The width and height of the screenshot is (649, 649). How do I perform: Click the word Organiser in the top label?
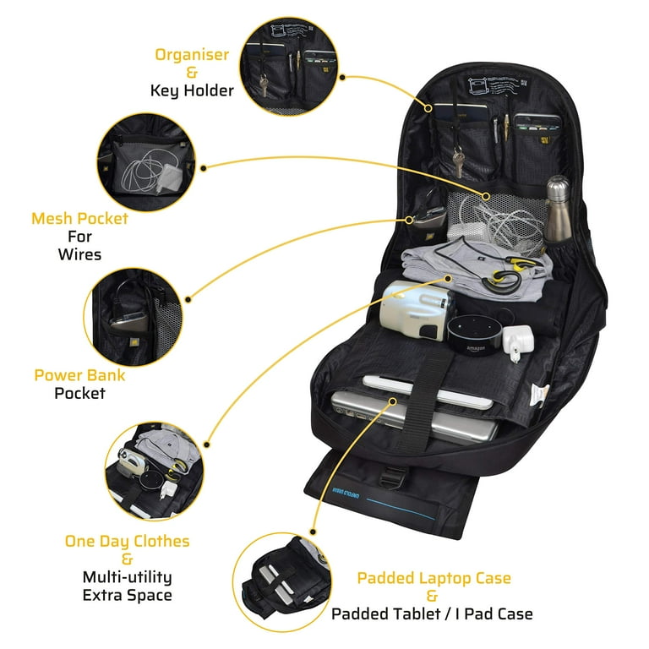pos(191,55)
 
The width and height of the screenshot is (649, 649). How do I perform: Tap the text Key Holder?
pos(191,90)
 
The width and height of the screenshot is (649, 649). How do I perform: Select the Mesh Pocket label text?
pos(79,219)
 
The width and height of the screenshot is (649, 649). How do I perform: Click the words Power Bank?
pos(79,374)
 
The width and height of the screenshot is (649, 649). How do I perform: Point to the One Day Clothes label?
pos(127,541)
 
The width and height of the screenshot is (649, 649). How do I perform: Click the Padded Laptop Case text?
pos(434,578)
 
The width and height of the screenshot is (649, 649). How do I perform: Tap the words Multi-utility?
pos(127,577)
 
